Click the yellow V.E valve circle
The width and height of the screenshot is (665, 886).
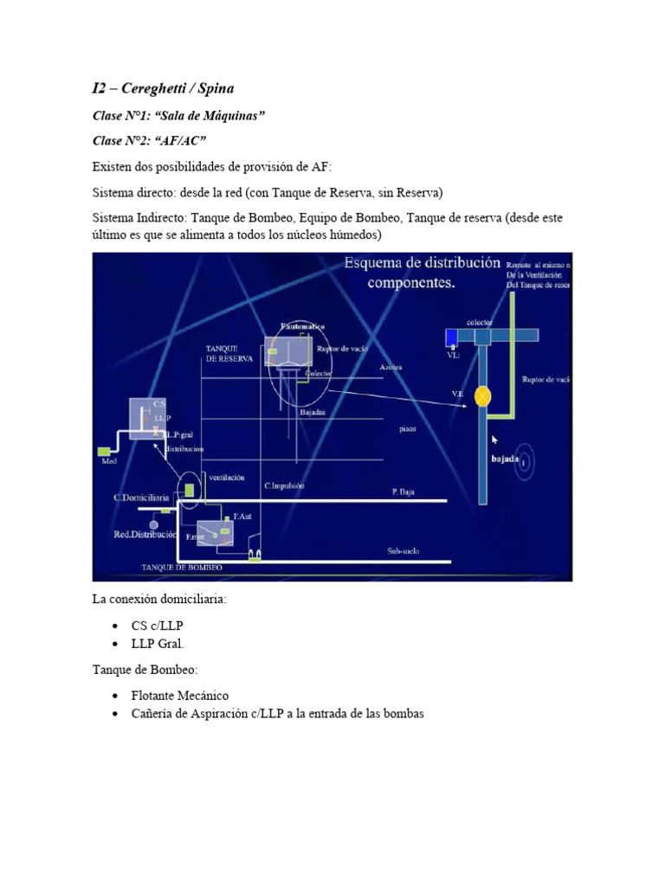[x=483, y=396]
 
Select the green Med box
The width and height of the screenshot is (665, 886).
[x=104, y=451]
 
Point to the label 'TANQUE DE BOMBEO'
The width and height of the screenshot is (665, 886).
[x=182, y=567]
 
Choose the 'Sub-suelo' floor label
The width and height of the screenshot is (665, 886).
[x=404, y=550]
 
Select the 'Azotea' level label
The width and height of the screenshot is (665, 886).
[x=391, y=367]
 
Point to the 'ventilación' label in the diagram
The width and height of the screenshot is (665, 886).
[x=227, y=477]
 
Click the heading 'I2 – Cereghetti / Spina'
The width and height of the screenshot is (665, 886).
[x=163, y=88]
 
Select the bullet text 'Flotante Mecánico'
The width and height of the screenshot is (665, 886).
[x=180, y=695]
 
